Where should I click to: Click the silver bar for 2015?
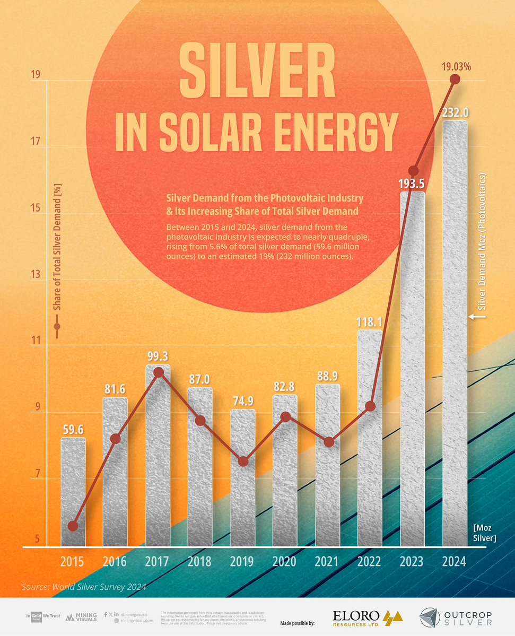(x=73, y=491)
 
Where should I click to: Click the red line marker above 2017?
(x=158, y=373)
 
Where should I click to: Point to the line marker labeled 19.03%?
(x=455, y=80)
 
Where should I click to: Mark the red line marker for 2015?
(x=73, y=526)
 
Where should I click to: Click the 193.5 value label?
(x=412, y=184)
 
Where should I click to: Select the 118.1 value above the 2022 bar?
(x=370, y=321)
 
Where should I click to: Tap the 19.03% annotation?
(x=456, y=67)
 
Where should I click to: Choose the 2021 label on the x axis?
(x=327, y=561)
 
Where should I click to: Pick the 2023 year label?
(x=412, y=561)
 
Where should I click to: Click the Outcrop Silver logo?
(x=456, y=618)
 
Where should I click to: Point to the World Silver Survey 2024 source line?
(x=83, y=587)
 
